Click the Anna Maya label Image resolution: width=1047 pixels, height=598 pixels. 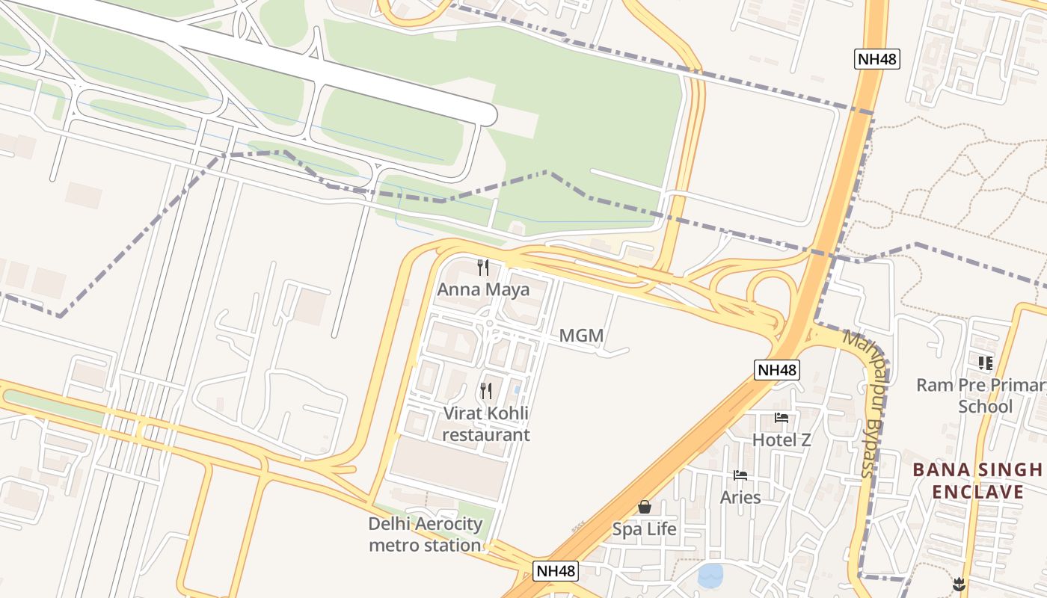483,290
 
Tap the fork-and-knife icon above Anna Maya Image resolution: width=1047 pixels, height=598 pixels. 483,268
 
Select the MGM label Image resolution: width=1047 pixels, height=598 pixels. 581,336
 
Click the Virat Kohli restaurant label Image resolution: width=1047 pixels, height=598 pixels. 486,424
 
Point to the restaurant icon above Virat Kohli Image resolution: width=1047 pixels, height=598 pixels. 486,390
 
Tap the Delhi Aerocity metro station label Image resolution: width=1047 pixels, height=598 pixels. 425,534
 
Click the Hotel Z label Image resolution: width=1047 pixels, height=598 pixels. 782,440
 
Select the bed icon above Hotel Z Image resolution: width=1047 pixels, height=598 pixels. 782,418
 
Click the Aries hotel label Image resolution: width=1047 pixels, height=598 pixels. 740,498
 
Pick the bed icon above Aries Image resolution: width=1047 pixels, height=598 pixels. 740,475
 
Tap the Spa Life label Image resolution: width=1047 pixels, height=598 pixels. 644,529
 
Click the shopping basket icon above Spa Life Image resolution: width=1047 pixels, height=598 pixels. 645,507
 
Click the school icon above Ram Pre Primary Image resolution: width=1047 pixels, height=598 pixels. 985,363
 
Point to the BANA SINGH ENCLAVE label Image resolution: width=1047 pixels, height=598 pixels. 977,481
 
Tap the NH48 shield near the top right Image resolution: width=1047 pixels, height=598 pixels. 876,59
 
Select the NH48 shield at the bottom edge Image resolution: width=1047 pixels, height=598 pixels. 556,571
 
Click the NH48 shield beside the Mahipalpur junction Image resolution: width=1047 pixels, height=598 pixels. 777,369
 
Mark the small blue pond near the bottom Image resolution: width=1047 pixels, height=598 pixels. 710,576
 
